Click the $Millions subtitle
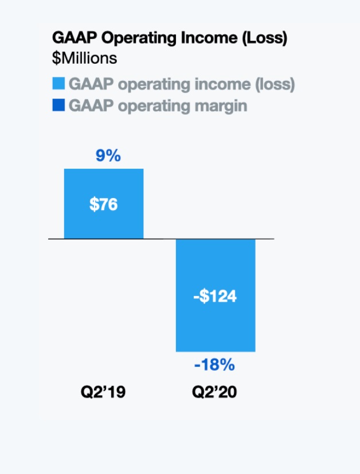pyautogui.click(x=84, y=58)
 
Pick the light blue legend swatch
pyautogui.click(x=58, y=84)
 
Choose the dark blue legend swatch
pyautogui.click(x=58, y=106)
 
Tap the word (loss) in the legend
pyautogui.click(x=274, y=84)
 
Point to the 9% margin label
pyautogui.click(x=108, y=155)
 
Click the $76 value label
pyautogui.click(x=104, y=204)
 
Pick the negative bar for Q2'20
pyautogui.click(x=215, y=327)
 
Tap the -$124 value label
pyautogui.click(x=215, y=297)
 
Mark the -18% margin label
pyautogui.click(x=214, y=365)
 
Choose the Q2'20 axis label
pyautogui.click(x=214, y=393)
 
